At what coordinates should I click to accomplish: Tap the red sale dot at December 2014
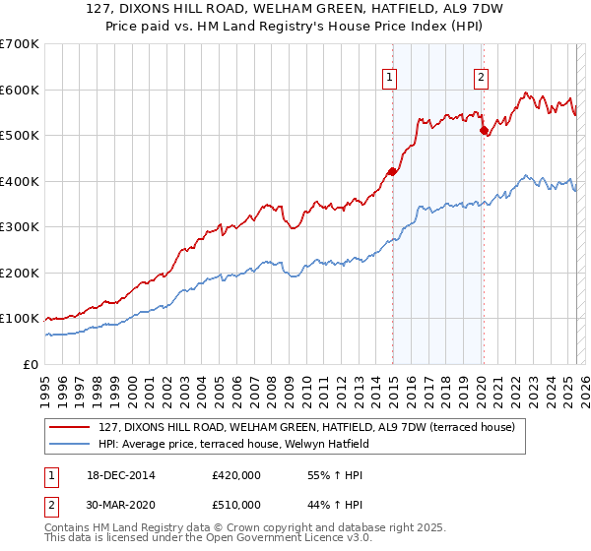[x=392, y=171]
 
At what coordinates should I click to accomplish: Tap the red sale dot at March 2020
[x=483, y=130]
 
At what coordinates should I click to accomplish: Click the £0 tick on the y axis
[x=32, y=364]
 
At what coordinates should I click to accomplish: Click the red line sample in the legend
[x=69, y=427]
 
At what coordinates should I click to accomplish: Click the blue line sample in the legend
[x=69, y=444]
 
